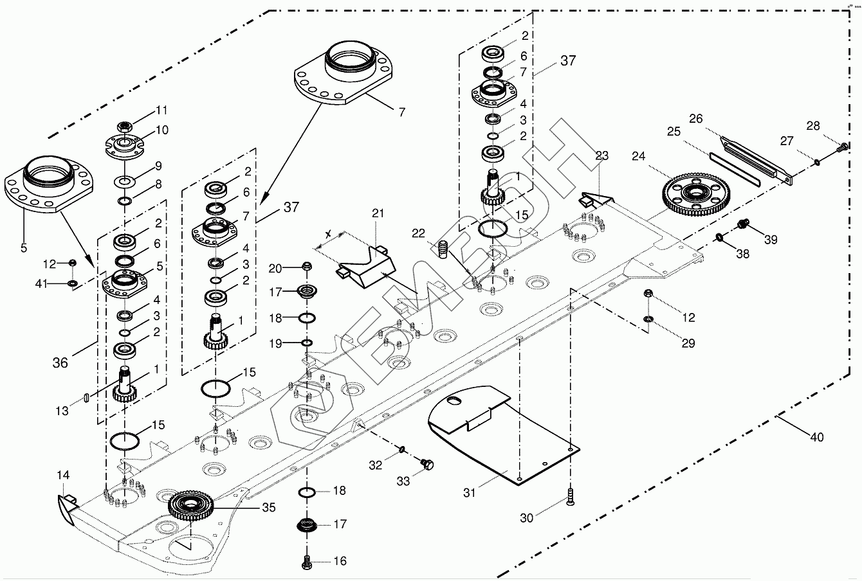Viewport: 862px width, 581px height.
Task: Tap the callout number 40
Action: [816, 438]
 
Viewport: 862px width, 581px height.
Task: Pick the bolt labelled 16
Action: [307, 561]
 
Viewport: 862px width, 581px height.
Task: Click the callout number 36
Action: [60, 362]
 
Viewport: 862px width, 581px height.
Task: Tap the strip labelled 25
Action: [734, 168]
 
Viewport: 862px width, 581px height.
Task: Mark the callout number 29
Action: [688, 344]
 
